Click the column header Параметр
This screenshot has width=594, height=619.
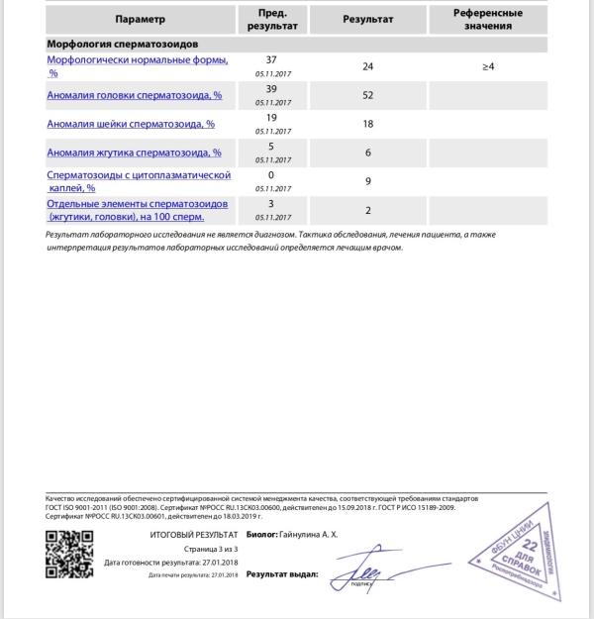point(140,19)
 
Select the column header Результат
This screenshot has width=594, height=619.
point(367,19)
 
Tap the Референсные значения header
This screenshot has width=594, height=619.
point(487,19)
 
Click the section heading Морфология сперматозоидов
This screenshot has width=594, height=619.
point(128,46)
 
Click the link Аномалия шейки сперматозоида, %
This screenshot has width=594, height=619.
point(131,124)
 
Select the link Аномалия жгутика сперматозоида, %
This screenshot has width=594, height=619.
point(134,153)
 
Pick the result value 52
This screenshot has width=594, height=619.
point(367,95)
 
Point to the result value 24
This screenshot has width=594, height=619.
point(367,66)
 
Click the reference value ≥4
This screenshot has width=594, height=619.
point(487,66)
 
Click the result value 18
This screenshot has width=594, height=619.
point(367,124)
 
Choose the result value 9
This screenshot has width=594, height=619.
point(367,181)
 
